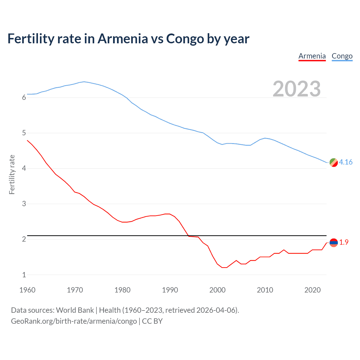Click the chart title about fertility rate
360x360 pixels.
(x=128, y=39)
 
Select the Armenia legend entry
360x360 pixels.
(x=312, y=56)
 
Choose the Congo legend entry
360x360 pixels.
(x=342, y=56)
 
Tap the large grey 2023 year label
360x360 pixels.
(x=297, y=89)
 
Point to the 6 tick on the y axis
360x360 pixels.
(x=24, y=98)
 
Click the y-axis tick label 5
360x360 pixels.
(x=24, y=133)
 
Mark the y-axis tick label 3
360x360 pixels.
(x=24, y=204)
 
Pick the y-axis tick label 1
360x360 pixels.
(x=24, y=275)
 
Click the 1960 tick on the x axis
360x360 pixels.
(x=27, y=290)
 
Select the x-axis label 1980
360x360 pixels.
(x=122, y=290)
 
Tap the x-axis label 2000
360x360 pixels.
(x=217, y=290)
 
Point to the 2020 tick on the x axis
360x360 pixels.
(x=312, y=290)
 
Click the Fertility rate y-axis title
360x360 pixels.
(x=12, y=174)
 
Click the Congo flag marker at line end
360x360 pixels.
(x=334, y=162)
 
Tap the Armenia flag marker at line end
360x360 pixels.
(x=334, y=242)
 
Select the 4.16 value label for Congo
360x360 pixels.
(x=346, y=162)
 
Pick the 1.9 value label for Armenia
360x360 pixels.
(x=344, y=242)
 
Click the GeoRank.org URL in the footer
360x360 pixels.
(x=74, y=321)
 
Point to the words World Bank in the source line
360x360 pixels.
(x=75, y=310)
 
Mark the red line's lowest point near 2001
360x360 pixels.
(x=224, y=267)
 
